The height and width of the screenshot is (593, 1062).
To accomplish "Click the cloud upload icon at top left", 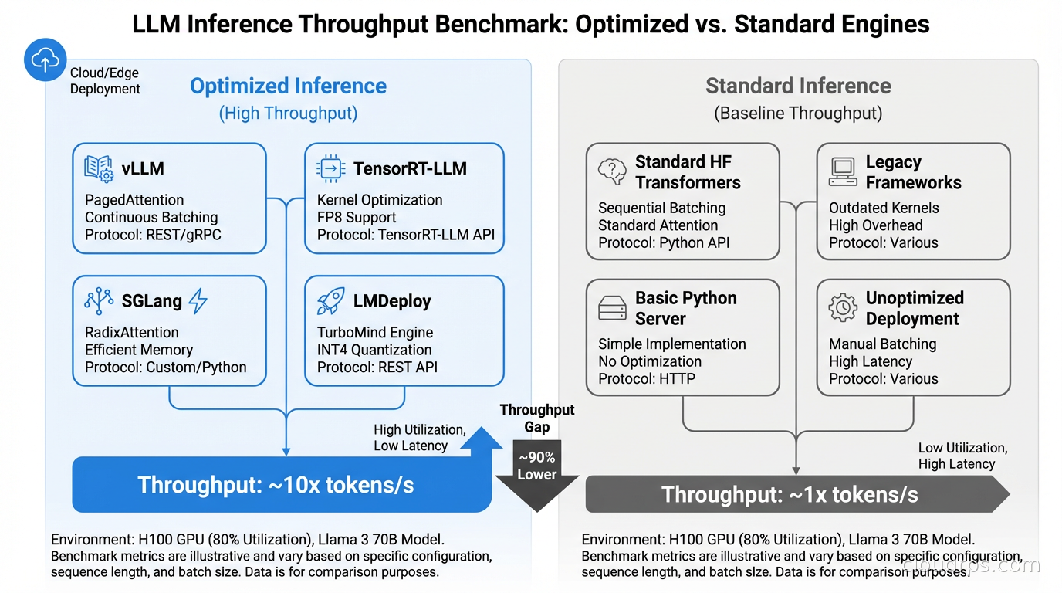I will click(45, 60).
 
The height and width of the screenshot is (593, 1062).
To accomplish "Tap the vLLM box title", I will click(143, 168).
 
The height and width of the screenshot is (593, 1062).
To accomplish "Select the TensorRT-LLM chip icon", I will click(330, 168).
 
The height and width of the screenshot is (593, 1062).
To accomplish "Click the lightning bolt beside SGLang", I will click(198, 301).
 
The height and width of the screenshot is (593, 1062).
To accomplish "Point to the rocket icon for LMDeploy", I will click(330, 301).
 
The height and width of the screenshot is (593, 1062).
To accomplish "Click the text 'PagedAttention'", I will click(134, 200).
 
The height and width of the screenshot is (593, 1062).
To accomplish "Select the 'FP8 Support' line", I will click(357, 217).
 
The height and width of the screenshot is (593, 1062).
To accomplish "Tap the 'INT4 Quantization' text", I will click(375, 350).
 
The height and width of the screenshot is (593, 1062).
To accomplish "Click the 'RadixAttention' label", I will click(131, 333).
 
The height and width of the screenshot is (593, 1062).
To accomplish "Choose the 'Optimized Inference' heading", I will click(288, 86).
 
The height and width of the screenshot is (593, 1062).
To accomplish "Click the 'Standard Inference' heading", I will click(798, 86).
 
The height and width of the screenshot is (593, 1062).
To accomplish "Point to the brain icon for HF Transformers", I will click(612, 171).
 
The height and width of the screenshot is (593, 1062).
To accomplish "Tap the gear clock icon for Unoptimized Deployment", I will click(843, 307).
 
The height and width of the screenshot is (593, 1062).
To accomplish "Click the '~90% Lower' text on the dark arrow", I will click(536, 466).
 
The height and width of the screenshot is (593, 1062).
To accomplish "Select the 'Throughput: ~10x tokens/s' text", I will click(276, 485).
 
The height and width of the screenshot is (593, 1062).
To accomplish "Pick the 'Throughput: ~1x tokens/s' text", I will click(790, 495).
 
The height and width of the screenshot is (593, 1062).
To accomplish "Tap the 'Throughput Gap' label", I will click(536, 418).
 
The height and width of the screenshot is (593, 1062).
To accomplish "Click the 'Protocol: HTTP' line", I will click(646, 379).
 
